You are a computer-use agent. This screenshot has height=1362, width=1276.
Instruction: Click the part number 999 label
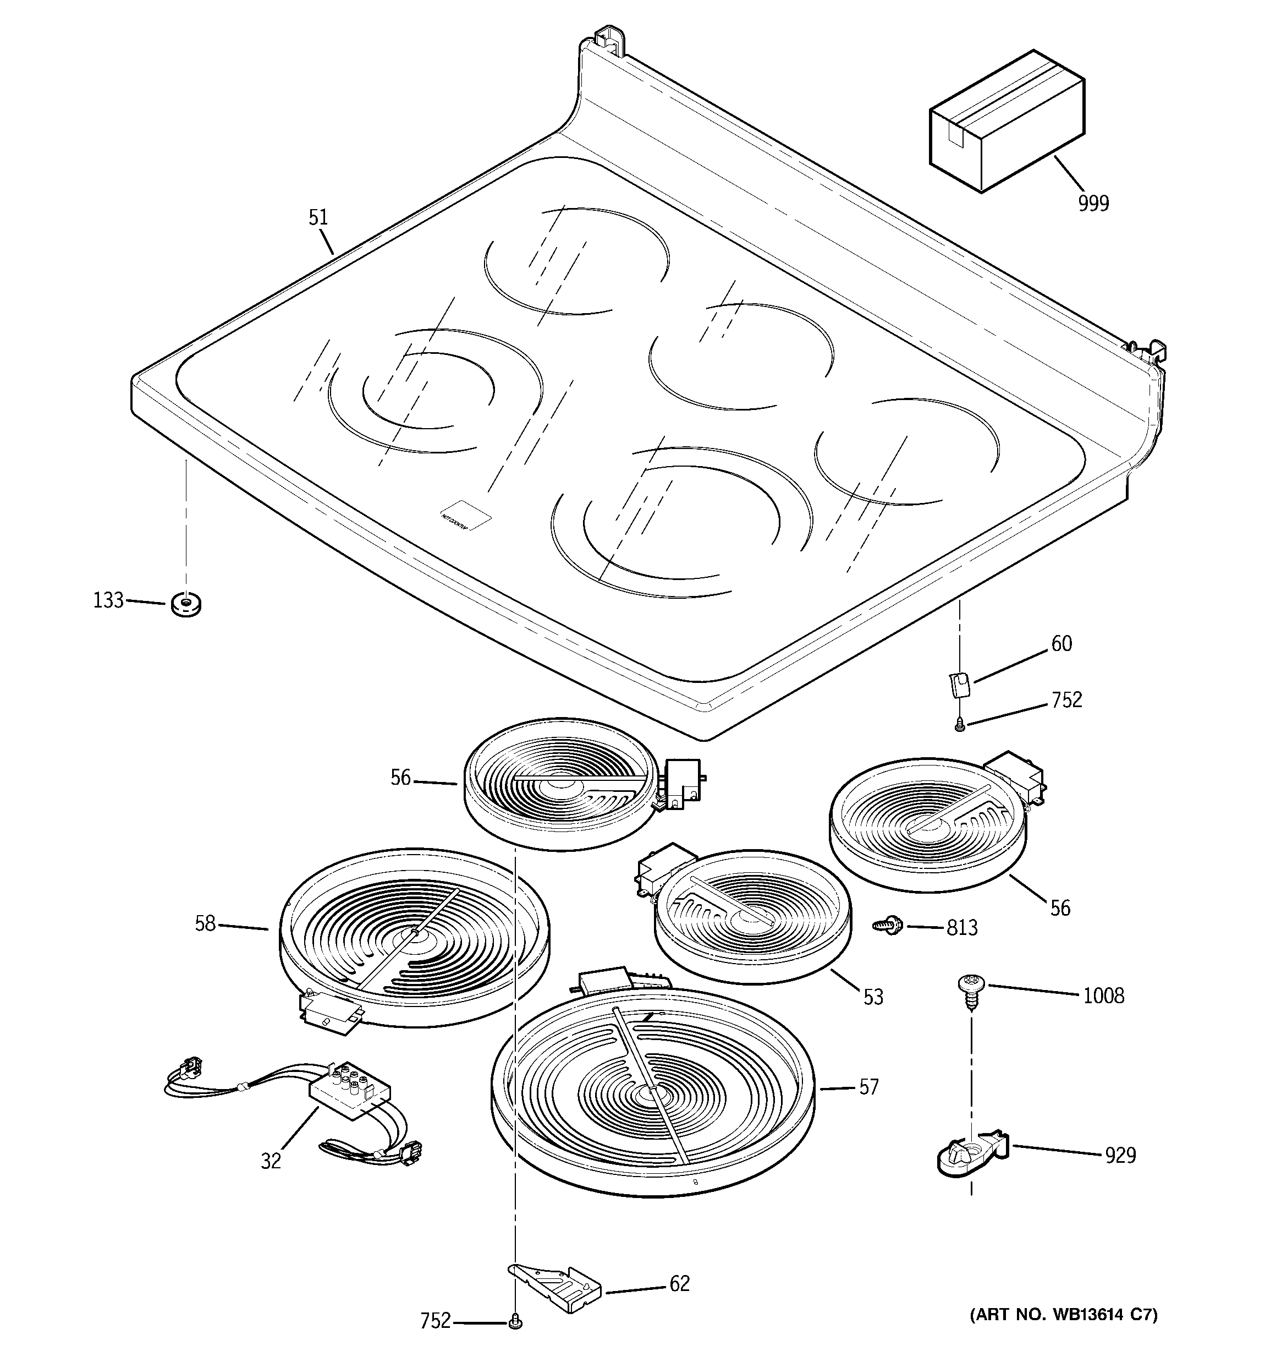(x=1093, y=204)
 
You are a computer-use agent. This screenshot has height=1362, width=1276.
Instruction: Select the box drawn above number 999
(x=1006, y=122)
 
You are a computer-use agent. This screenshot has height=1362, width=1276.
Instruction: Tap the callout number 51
(x=318, y=218)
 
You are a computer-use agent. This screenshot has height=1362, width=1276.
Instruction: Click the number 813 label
(x=961, y=928)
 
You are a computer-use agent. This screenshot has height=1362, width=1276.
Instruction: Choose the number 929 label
(x=1120, y=1156)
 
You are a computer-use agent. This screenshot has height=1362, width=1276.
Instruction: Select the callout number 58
(x=205, y=923)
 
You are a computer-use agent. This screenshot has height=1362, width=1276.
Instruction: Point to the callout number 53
(x=873, y=997)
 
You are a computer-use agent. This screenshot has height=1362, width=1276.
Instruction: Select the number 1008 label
(x=1103, y=995)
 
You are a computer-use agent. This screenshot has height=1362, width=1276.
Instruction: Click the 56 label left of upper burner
(x=401, y=778)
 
